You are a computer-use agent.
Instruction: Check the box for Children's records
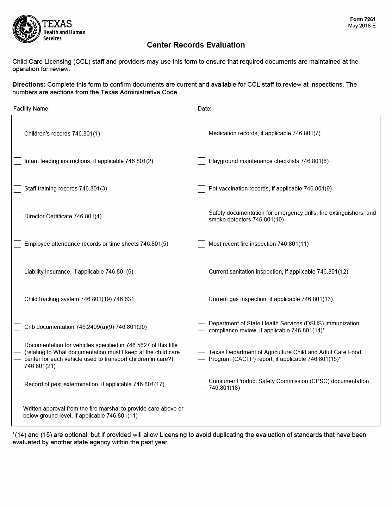[x=17, y=134]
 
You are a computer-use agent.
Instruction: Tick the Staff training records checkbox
[x=17, y=189]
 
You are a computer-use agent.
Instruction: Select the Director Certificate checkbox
[x=17, y=217]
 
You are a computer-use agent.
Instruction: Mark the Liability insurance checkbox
[x=17, y=272]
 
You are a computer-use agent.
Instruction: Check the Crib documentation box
[x=17, y=327]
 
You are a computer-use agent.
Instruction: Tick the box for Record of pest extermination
[x=17, y=384]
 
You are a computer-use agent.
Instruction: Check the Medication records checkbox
[x=201, y=133]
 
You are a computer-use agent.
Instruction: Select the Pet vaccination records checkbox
[x=201, y=189]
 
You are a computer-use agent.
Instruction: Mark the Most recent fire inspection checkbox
[x=201, y=244]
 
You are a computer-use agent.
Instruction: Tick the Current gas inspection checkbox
[x=201, y=299]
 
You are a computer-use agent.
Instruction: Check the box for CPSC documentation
[x=201, y=384]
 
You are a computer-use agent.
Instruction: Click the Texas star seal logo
[x=26, y=29]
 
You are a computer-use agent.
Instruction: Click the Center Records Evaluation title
[x=196, y=45]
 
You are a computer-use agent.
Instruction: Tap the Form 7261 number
[x=363, y=19]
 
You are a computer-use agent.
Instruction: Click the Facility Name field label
[x=31, y=108]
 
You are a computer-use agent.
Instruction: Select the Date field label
[x=204, y=108]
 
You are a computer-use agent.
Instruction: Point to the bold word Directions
[x=28, y=84]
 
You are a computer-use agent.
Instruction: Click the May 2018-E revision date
[x=362, y=26]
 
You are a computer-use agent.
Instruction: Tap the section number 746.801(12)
[x=332, y=271]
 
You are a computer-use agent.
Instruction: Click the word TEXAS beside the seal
[x=57, y=24]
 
